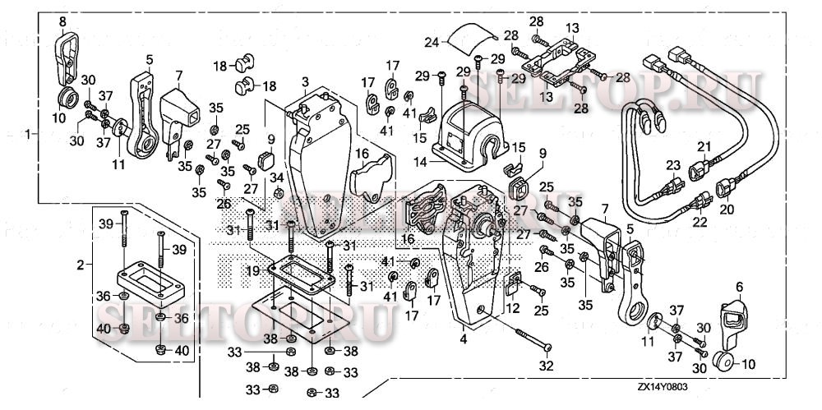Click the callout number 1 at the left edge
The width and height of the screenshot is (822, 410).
click(30, 133)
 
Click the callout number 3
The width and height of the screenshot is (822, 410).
click(304, 82)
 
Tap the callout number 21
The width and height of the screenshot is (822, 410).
click(703, 147)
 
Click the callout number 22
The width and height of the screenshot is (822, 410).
click(700, 220)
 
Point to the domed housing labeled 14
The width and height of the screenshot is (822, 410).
click(465, 131)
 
